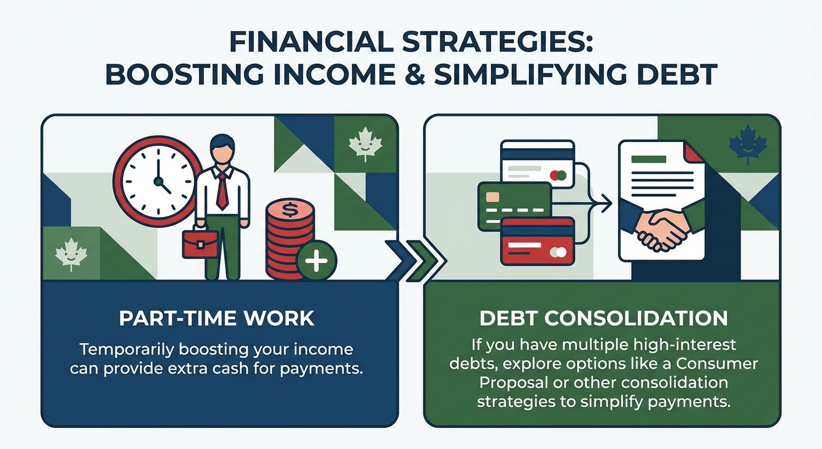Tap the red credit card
point(537,240)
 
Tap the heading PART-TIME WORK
point(217,319)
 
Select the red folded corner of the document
point(694,153)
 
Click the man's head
point(222,151)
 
